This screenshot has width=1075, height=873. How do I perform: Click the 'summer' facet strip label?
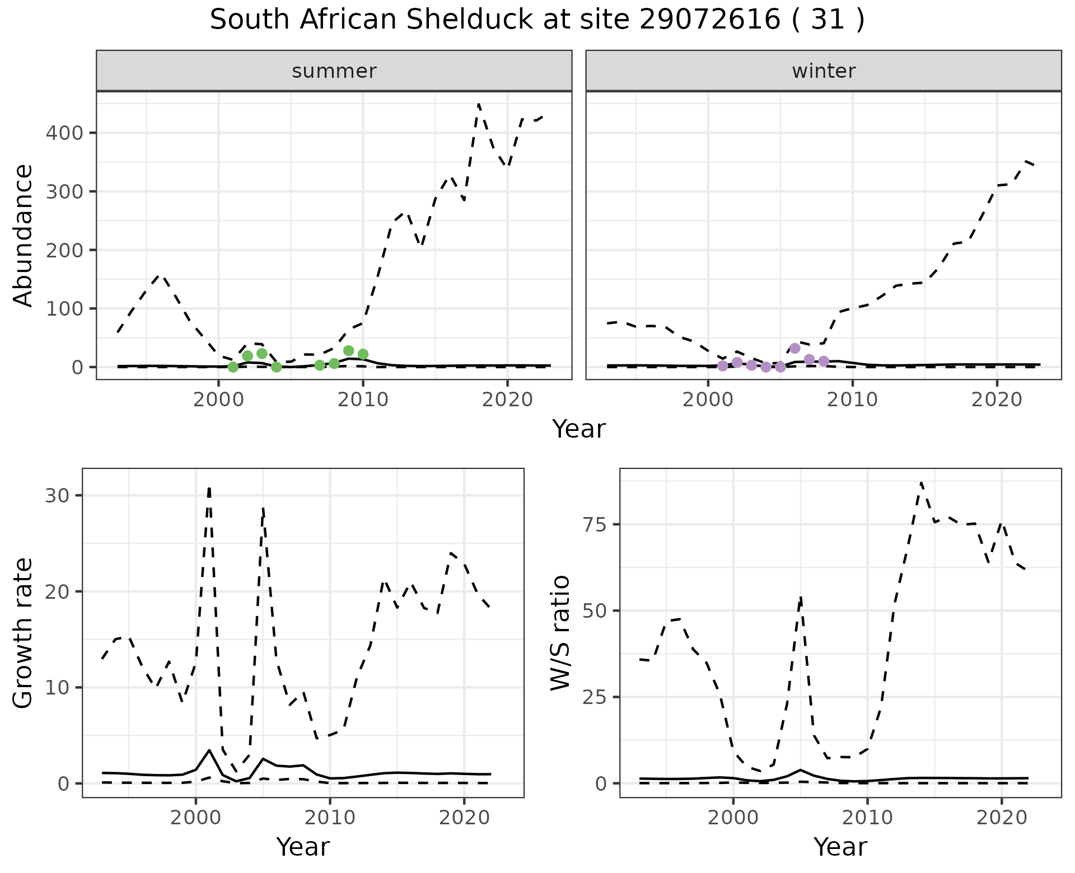(x=334, y=71)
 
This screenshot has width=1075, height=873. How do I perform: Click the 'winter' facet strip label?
(x=824, y=71)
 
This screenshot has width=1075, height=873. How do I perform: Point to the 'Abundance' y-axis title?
(x=23, y=235)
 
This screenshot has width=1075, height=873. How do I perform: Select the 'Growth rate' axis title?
(x=23, y=633)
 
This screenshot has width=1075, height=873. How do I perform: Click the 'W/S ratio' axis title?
(x=560, y=633)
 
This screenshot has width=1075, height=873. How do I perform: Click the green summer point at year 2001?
(x=233, y=367)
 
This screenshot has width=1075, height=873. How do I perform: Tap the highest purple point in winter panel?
(x=794, y=349)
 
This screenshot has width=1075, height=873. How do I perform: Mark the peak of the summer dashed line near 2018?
(x=479, y=104)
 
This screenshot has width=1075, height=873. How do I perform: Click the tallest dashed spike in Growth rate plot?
(x=209, y=488)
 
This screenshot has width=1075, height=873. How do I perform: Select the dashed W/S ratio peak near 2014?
(x=921, y=482)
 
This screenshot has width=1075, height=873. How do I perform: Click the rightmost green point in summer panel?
(x=363, y=354)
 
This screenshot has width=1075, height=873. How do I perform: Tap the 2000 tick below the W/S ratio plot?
(x=733, y=818)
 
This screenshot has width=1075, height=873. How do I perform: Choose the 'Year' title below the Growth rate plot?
(x=303, y=847)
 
